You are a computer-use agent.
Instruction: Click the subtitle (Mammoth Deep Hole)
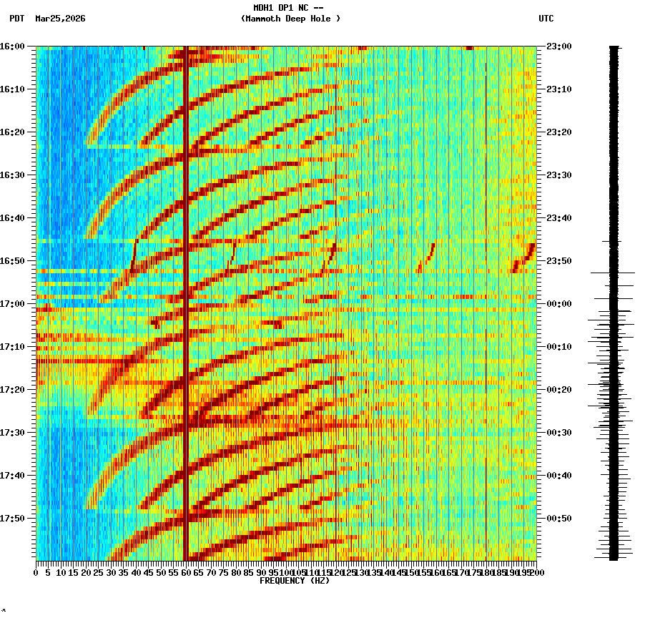(x=290, y=19)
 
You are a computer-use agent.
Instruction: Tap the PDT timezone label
(x=17, y=19)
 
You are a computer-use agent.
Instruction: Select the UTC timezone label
(x=546, y=19)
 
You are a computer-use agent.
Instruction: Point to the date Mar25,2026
(x=60, y=19)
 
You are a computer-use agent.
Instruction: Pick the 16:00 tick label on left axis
(x=12, y=46)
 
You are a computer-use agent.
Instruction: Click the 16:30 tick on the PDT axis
(x=12, y=175)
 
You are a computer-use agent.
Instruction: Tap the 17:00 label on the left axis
(x=12, y=304)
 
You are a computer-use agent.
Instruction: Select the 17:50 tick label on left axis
(x=12, y=519)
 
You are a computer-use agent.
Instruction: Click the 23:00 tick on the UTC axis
(x=558, y=46)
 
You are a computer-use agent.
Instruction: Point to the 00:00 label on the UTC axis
(x=558, y=304)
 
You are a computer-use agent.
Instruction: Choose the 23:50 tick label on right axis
(x=558, y=261)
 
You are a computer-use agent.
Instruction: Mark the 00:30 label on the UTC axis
(x=558, y=433)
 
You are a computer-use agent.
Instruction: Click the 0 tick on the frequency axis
(x=36, y=572)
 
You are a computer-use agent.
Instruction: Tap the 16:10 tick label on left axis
(x=12, y=89)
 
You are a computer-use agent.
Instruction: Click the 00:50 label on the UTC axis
(x=558, y=519)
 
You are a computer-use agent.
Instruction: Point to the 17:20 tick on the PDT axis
(x=12, y=390)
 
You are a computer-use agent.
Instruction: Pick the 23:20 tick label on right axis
(x=558, y=132)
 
